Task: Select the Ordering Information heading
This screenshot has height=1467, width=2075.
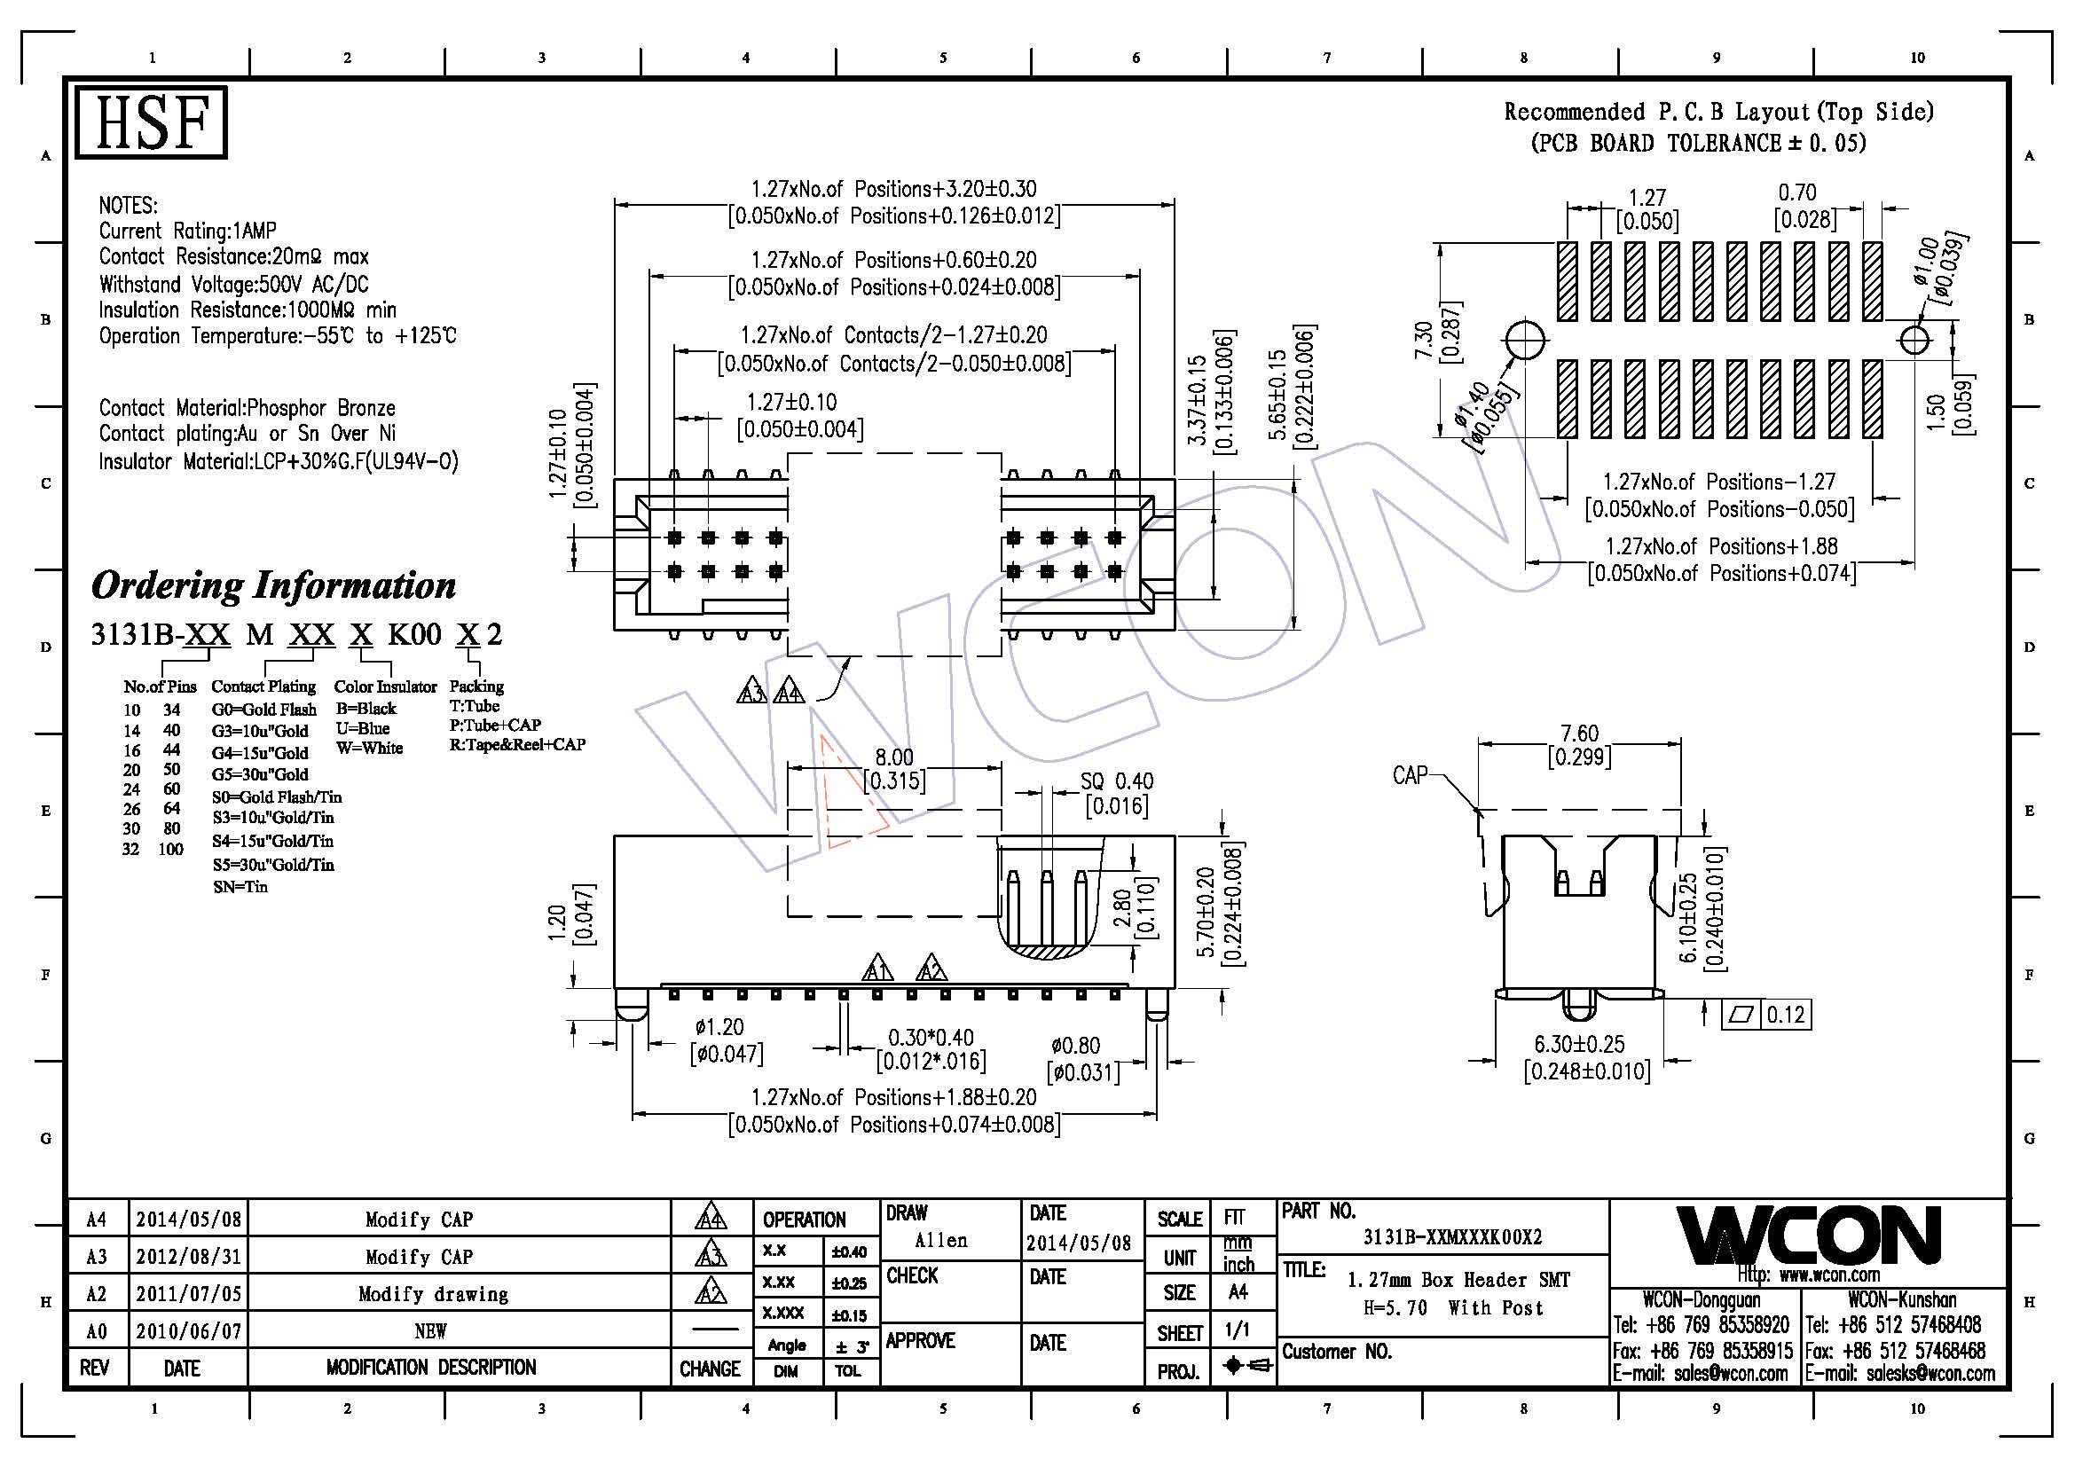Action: click(274, 585)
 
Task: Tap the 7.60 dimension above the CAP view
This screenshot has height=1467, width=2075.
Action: click(1579, 733)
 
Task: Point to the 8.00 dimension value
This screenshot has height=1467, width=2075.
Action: click(894, 757)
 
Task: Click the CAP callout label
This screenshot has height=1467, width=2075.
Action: click(1410, 775)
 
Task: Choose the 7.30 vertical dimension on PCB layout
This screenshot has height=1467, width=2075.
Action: click(1423, 341)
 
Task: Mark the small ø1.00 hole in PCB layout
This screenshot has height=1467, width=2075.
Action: click(1914, 341)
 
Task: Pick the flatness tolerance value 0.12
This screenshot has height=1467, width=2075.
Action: click(1786, 1016)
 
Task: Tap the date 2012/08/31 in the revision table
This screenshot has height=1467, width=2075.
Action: click(189, 1257)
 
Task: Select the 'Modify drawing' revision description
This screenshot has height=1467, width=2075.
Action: click(433, 1294)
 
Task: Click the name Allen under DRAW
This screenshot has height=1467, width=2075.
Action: click(940, 1240)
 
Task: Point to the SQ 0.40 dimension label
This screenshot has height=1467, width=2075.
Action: click(1116, 781)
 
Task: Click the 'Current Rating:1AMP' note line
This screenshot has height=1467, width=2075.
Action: click(188, 231)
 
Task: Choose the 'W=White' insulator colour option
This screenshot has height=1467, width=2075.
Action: click(370, 748)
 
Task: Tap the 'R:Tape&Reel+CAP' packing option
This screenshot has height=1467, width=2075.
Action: click(518, 744)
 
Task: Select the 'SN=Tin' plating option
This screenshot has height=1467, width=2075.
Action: click(240, 887)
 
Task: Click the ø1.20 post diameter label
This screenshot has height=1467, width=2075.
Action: click(719, 1027)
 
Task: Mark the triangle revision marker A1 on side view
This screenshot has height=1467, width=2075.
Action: click(876, 969)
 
